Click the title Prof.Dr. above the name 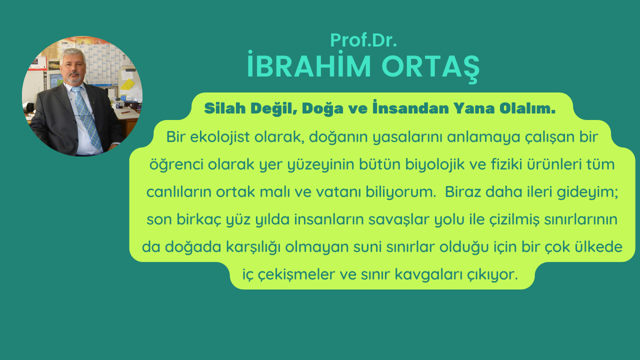pos(363,40)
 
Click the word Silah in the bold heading pos(225,108)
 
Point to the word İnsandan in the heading pos(410,107)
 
